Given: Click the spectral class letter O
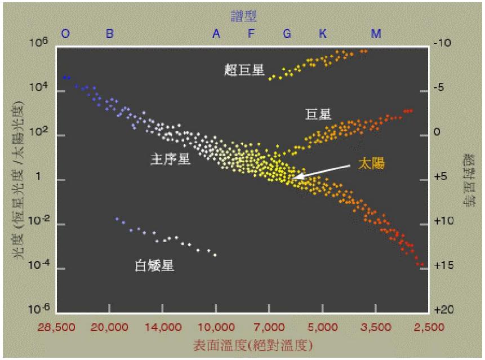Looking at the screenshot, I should (65, 34).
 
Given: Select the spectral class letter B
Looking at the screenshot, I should (110, 34).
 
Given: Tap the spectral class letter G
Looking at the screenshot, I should (287, 34).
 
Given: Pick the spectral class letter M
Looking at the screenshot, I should (376, 34).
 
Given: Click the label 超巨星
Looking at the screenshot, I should (243, 70).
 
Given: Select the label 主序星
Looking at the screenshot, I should (170, 159).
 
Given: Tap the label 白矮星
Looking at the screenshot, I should (155, 265).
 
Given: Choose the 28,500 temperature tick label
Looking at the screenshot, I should (57, 327).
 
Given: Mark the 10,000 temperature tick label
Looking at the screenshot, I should (216, 327).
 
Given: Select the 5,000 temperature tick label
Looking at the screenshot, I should (323, 327).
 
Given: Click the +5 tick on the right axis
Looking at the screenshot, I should (443, 176).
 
